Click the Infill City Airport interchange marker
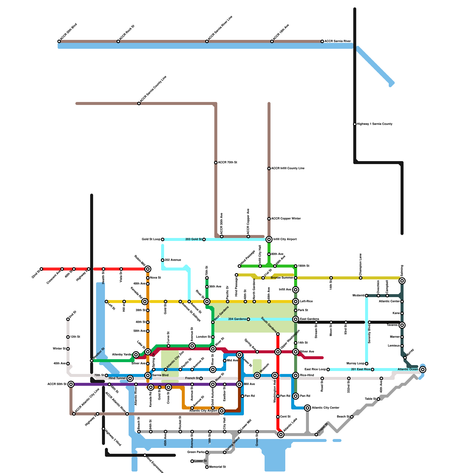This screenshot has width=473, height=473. click(x=269, y=239)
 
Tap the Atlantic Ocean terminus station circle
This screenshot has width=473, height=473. click(x=423, y=370)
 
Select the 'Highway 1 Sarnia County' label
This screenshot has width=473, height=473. click(x=375, y=124)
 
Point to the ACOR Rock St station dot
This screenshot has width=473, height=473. click(x=118, y=41)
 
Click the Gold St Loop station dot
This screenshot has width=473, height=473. click(x=163, y=239)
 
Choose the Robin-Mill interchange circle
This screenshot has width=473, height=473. click(x=148, y=269)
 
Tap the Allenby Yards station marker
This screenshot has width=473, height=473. click(x=136, y=355)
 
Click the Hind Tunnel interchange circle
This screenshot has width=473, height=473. click(x=130, y=378)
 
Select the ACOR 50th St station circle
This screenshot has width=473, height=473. click(x=71, y=384)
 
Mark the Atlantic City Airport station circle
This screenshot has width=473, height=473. click(x=222, y=411)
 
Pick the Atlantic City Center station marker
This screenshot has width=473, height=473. click(x=307, y=408)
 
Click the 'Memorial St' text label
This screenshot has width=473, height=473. click(x=218, y=467)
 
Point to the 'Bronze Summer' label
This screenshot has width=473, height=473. click(x=282, y=278)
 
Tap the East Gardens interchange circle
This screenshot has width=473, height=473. click(x=296, y=319)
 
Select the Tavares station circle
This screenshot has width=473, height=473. click(x=402, y=325)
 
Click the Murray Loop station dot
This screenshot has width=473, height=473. click(x=367, y=364)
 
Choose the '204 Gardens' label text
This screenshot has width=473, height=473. click(x=237, y=319)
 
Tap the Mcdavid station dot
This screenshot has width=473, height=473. click(x=367, y=296)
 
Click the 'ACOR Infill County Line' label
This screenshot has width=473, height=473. click(x=288, y=169)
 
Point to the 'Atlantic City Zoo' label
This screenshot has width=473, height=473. click(x=175, y=359)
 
